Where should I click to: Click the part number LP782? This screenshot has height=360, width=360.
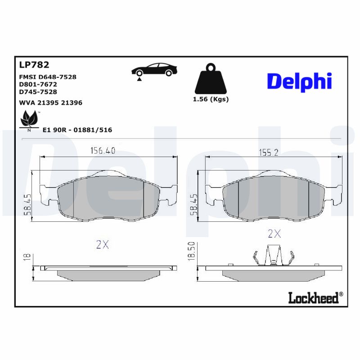(x=34, y=65)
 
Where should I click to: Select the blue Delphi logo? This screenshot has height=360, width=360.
(x=299, y=81)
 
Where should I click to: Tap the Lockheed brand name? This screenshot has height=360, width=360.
(x=315, y=297)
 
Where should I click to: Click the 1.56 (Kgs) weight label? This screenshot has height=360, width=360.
(x=211, y=99)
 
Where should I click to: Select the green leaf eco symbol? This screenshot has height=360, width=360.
(x=30, y=119)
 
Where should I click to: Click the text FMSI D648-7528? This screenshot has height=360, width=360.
(x=48, y=77)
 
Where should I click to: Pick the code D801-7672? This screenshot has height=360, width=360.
(x=38, y=84)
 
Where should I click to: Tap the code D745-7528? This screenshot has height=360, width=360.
(x=38, y=92)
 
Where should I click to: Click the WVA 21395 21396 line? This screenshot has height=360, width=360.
(x=50, y=103)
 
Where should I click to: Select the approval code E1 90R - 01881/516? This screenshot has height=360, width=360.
(x=77, y=130)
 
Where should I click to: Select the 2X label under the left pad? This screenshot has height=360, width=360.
(x=103, y=244)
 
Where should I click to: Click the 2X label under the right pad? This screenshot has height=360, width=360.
(x=274, y=234)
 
